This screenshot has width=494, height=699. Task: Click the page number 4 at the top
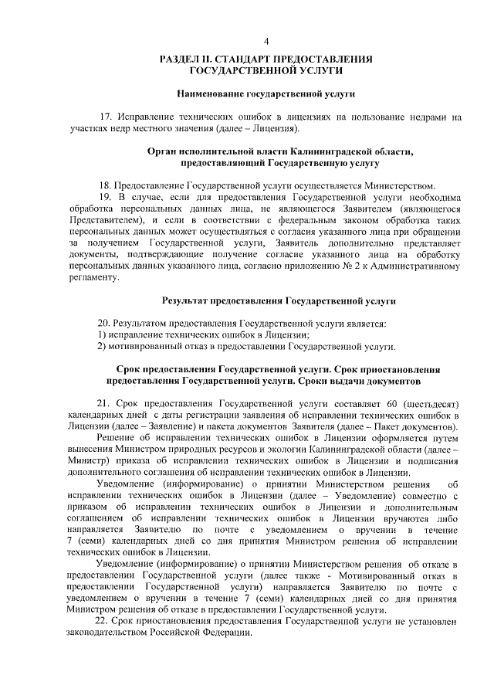coord(266,41)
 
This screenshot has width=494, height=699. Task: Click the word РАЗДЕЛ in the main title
coord(180,59)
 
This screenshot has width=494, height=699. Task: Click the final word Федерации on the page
coord(229,633)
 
